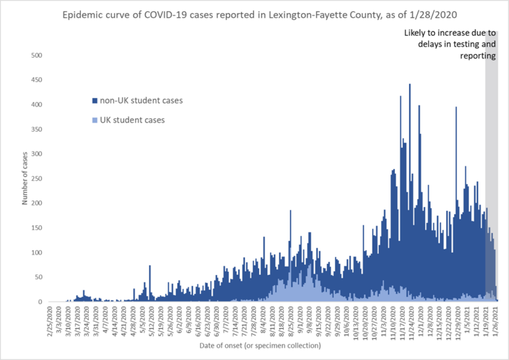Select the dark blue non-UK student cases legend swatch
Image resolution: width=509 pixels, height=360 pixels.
95,101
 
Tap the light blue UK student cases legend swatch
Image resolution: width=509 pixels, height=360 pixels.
95,120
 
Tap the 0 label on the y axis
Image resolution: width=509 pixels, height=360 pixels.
41,302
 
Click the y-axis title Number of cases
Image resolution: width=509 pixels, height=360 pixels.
25,179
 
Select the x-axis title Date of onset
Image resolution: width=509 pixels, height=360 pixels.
260,345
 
